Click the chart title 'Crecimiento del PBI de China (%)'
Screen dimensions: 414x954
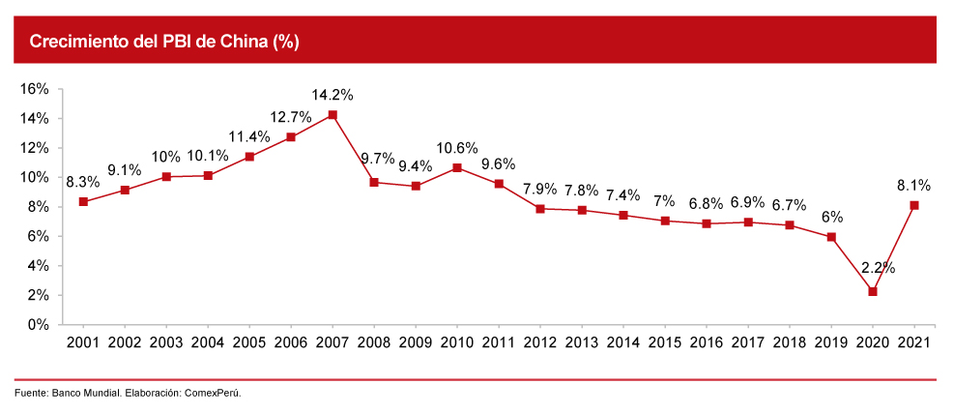click(x=164, y=42)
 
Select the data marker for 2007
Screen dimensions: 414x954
click(x=332, y=115)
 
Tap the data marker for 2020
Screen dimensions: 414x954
click(x=873, y=291)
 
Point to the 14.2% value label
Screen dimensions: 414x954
click(x=332, y=95)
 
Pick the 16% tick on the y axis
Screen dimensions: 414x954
click(x=35, y=89)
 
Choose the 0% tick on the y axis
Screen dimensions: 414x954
click(x=37, y=325)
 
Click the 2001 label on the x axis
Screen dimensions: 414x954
click(x=83, y=342)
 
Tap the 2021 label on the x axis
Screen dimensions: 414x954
click(x=914, y=342)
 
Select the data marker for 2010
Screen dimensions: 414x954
click(x=457, y=167)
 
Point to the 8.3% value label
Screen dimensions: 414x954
click(x=83, y=181)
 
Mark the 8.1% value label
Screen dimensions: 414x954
click(x=914, y=184)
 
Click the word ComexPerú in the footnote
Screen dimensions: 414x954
click(x=213, y=394)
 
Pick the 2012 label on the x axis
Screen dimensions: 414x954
click(x=540, y=342)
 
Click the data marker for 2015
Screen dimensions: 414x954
click(x=665, y=221)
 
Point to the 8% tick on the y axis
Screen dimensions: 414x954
click(x=37, y=207)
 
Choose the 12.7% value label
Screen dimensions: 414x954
click(x=291, y=117)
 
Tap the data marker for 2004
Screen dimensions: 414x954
click(x=208, y=175)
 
